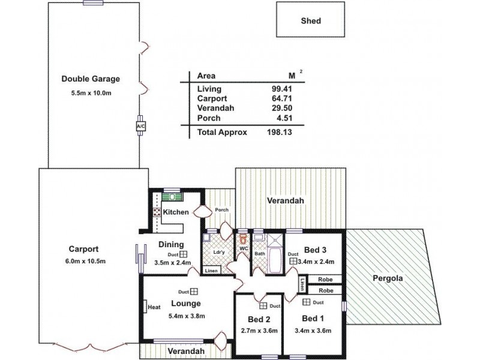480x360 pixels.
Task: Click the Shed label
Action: coord(311,21)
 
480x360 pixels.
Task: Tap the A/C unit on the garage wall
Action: coord(141,127)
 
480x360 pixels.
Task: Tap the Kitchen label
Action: coord(176,212)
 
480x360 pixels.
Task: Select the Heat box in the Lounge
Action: coord(154,307)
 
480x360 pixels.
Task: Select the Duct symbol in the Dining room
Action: coord(185,254)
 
